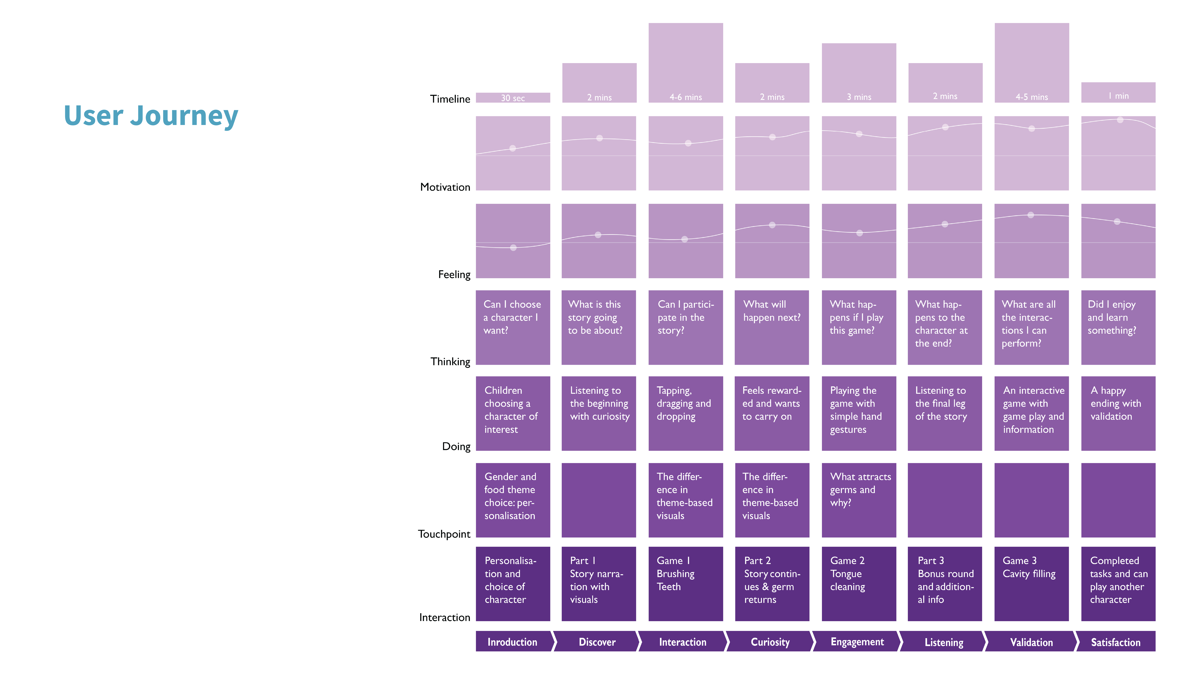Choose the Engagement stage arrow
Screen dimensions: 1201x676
coord(857,641)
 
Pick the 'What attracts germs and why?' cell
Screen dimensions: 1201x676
coord(859,500)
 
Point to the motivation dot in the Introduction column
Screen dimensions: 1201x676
coord(512,148)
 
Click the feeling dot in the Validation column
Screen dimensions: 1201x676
coord(1031,215)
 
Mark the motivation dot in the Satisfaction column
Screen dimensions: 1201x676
coord(1120,120)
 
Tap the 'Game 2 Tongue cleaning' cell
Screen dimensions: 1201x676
coord(859,584)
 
